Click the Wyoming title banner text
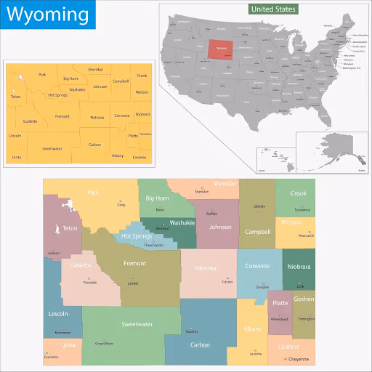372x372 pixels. click(x=47, y=15)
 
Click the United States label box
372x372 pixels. click(x=272, y=9)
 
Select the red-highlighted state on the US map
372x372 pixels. click(x=222, y=49)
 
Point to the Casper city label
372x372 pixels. click(x=227, y=281)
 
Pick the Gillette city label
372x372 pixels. click(x=259, y=206)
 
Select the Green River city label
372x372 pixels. click(x=104, y=343)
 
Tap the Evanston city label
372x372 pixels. click(x=51, y=357)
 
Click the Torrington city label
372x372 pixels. click(x=306, y=318)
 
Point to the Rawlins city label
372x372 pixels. click(x=192, y=331)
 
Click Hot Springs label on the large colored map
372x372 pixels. click(x=137, y=236)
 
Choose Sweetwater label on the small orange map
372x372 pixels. click(x=52, y=148)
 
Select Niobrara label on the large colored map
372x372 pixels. click(x=299, y=267)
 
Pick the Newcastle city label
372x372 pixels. click(x=306, y=235)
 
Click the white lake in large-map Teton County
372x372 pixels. click(x=56, y=230)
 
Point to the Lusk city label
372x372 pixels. click(x=300, y=286)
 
